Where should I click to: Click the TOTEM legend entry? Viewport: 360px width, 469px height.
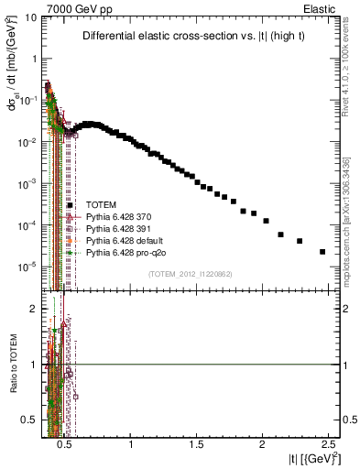tap(99, 205)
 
